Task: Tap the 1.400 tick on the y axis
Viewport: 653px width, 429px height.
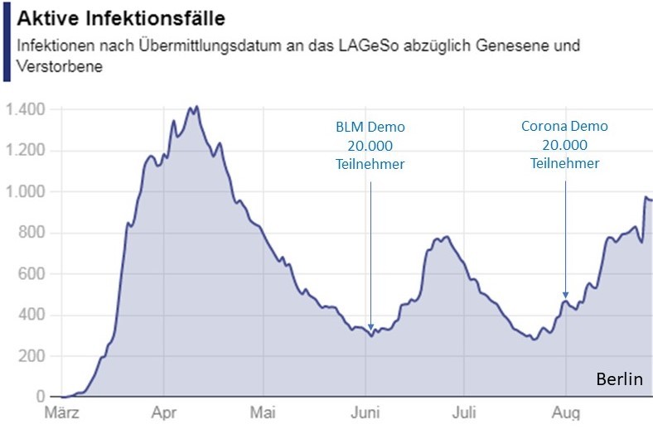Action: [27, 109]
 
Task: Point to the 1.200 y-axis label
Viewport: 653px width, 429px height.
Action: [27, 151]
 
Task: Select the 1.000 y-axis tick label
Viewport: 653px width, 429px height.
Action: [27, 192]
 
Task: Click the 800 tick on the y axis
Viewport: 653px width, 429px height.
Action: [33, 234]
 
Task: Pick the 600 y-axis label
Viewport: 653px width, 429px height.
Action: [33, 274]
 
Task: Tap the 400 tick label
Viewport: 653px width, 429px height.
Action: [33, 316]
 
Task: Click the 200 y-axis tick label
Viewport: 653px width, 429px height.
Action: [33, 357]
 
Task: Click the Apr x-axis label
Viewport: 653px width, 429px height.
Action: [163, 412]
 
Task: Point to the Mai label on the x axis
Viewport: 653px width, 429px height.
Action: [263, 412]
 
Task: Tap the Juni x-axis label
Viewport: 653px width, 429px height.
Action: [365, 412]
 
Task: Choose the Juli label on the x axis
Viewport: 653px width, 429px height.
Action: [465, 412]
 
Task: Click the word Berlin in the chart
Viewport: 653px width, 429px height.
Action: [620, 380]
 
